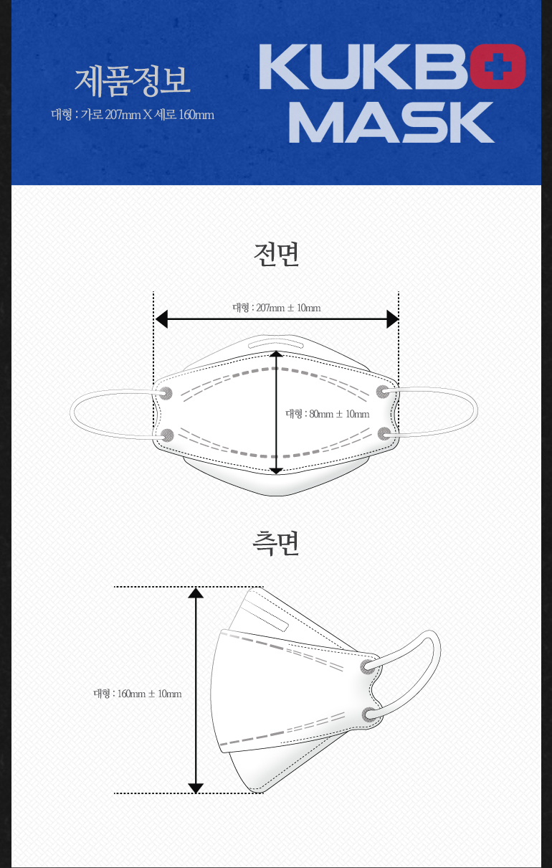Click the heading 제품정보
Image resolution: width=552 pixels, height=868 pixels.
pos(133,80)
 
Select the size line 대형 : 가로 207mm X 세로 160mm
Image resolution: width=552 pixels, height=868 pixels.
pos(133,114)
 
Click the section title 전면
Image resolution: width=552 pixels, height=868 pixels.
pos(276,255)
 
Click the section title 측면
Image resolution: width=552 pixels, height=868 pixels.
pos(276,543)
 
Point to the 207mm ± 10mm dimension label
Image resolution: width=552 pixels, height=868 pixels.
pos(277,308)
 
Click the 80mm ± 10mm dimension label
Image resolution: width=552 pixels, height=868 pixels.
pos(328,414)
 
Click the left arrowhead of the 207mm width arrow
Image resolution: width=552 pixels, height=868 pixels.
pos(161,319)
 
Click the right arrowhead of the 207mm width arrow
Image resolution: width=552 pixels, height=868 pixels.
pos(392,319)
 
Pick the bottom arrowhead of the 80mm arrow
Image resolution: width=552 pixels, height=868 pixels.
pos(277,470)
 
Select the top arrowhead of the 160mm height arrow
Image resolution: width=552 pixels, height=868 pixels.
pos(196,593)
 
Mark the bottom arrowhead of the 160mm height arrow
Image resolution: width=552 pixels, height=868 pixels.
pos(196,788)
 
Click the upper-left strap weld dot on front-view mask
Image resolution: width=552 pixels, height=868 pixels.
pos(166,392)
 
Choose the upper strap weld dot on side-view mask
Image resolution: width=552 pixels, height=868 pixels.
pos(368,667)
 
